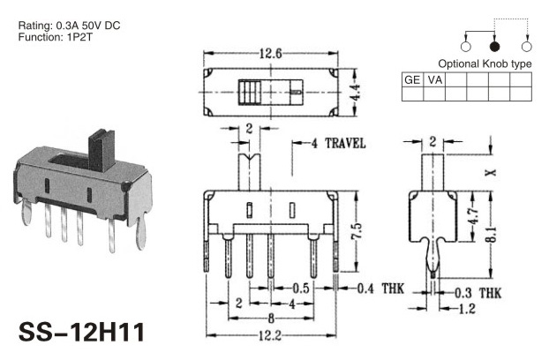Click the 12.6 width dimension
(270, 54)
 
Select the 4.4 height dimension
(355, 92)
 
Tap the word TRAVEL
(345, 144)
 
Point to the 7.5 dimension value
(357, 231)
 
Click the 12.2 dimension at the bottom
(270, 336)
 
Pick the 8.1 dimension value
(492, 234)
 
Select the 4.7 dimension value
(473, 216)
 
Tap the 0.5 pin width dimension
(301, 289)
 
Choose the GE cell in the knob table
(412, 80)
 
